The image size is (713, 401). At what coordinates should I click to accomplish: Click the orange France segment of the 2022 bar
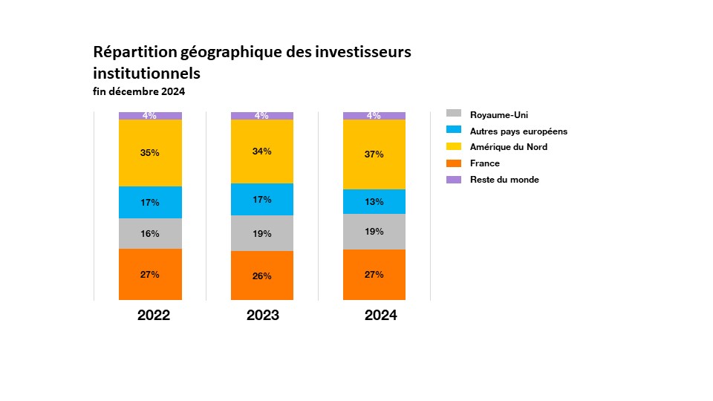pos(150,275)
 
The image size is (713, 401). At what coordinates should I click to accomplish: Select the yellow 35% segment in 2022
pos(150,153)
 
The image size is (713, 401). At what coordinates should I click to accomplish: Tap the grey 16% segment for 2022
pos(150,233)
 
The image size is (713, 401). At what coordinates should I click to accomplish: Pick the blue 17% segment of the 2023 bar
pos(262,199)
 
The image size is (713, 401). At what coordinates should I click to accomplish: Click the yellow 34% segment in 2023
pos(262,151)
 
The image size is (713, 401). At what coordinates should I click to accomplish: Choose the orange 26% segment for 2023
pos(262,276)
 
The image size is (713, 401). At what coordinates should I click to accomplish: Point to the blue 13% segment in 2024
pos(374,201)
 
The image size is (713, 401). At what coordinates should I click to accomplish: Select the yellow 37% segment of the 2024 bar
pos(374,154)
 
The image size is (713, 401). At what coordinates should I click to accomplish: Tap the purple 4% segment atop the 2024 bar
pos(374,116)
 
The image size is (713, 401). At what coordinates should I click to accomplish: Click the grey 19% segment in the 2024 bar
pos(374,232)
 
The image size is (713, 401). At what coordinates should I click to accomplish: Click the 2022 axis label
pos(154,316)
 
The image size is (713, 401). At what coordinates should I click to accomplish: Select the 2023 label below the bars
pos(263,316)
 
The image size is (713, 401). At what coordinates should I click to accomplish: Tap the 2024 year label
pos(381,316)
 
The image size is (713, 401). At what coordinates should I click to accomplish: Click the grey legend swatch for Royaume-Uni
pos(454,114)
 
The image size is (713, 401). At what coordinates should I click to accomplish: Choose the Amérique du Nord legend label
pos(509,147)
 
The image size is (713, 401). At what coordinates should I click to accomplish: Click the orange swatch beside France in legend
pos(454,163)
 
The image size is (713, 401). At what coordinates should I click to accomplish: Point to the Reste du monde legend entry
pos(504,180)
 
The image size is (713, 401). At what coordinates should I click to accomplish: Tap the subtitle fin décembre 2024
pos(139,92)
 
